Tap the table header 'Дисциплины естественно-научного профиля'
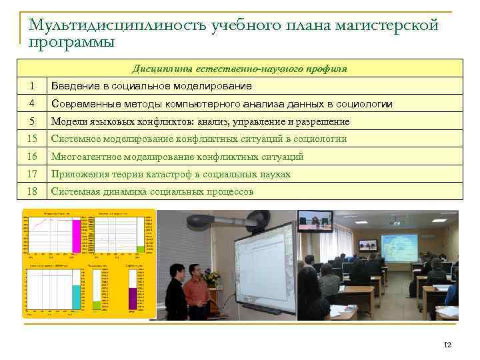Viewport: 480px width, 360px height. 239,68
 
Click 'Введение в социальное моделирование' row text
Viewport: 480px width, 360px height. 151,86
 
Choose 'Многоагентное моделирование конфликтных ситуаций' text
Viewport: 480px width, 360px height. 177,157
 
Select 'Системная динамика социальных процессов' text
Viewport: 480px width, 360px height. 152,191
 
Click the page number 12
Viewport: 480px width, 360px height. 447,344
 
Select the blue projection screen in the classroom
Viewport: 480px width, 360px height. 398,247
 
